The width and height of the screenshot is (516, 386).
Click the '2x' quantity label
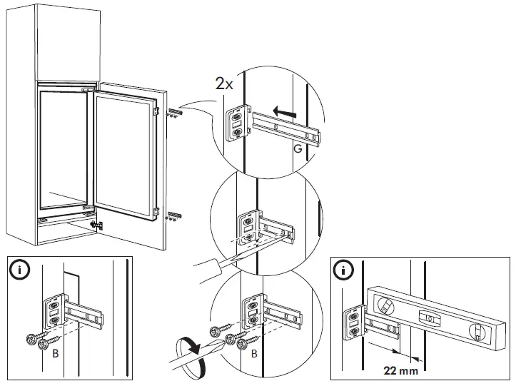point(223,83)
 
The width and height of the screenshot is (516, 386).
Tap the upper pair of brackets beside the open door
point(174,112)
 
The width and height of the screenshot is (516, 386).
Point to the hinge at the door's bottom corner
point(98,225)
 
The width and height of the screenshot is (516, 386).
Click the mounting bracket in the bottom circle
point(251,312)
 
